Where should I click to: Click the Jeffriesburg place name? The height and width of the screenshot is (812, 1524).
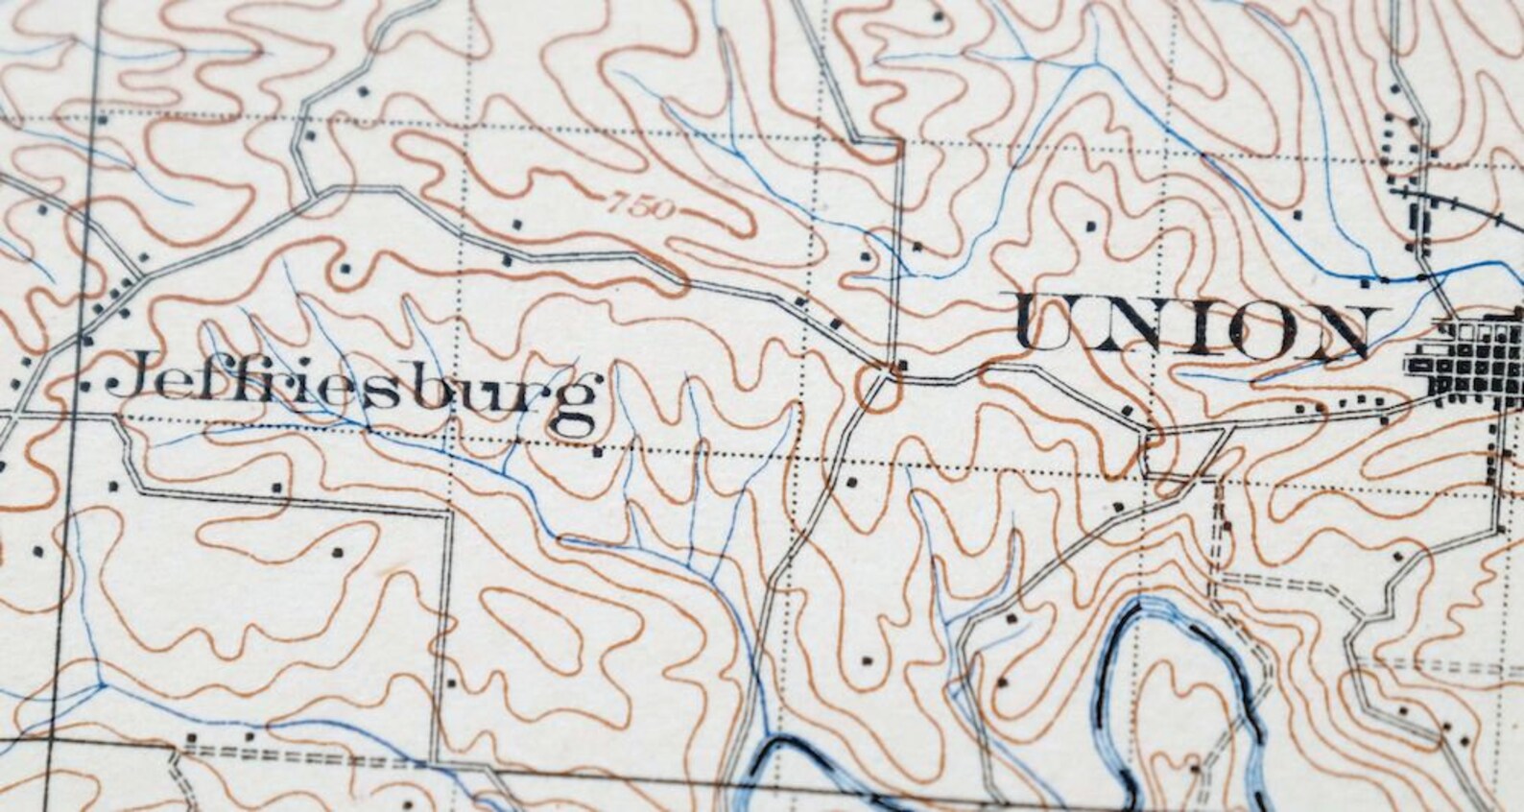355,394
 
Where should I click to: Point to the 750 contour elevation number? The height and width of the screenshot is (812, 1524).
634,205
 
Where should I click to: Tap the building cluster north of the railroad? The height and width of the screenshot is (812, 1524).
1406,144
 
